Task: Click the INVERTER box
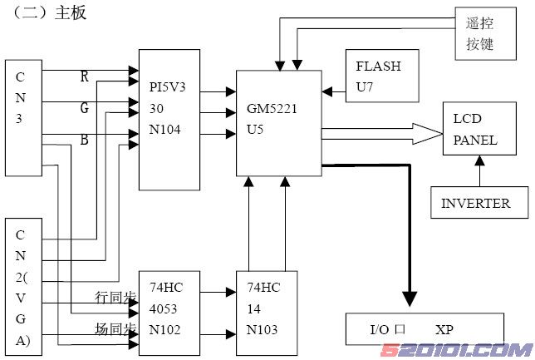pyautogui.click(x=474, y=203)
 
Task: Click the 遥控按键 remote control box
pyautogui.click(x=479, y=34)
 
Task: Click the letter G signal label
pyautogui.click(x=84, y=108)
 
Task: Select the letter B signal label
pyautogui.click(x=84, y=139)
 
